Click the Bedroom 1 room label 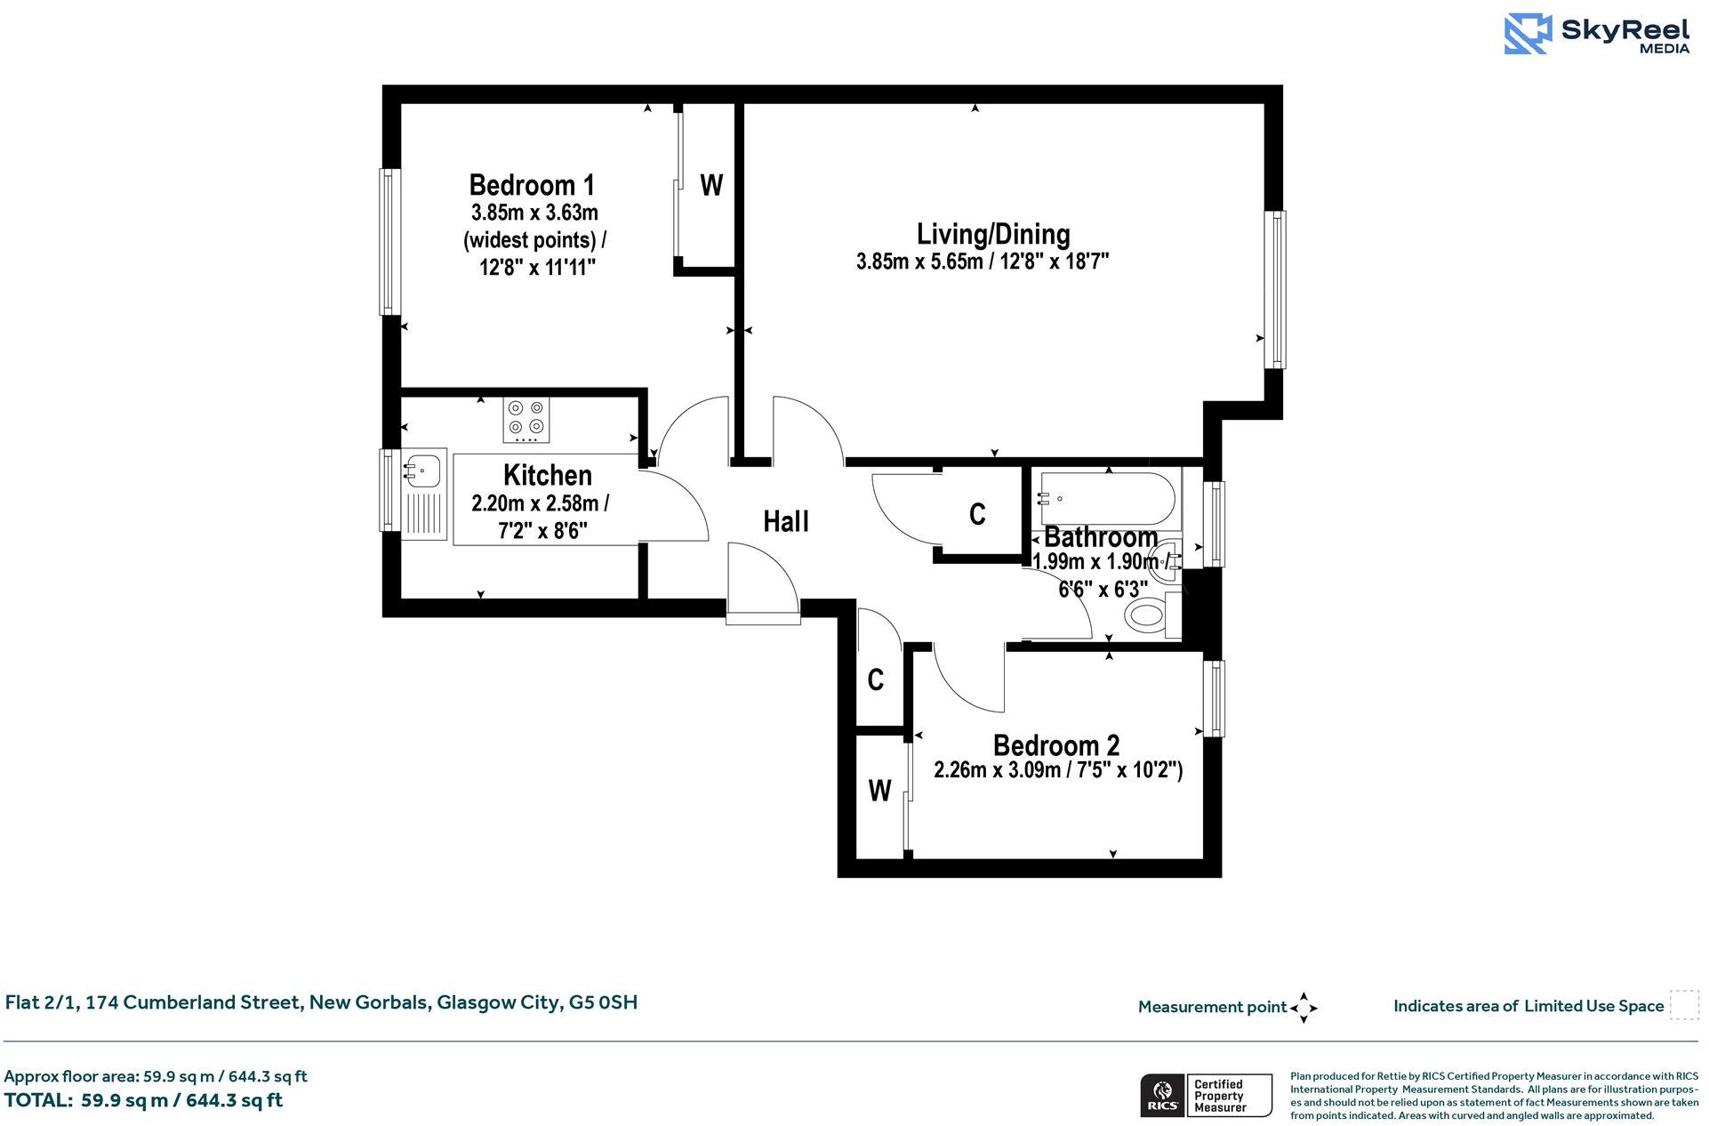coord(532,185)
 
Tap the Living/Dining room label coord(993,234)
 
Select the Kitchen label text coord(547,475)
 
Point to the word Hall coord(786,521)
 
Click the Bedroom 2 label coord(1055,744)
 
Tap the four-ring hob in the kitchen coord(526,420)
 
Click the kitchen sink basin coord(423,469)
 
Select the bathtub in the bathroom coord(1106,499)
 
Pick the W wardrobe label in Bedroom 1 coord(711,185)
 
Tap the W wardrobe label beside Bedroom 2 coord(879,790)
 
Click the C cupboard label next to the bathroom coord(977,514)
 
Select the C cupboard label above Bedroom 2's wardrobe coord(876,680)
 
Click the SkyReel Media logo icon coord(1528,34)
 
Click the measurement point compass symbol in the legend coord(1304,1008)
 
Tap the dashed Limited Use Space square coord(1684,1005)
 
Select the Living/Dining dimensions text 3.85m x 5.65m coord(919,261)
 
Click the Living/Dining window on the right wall coord(1275,289)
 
